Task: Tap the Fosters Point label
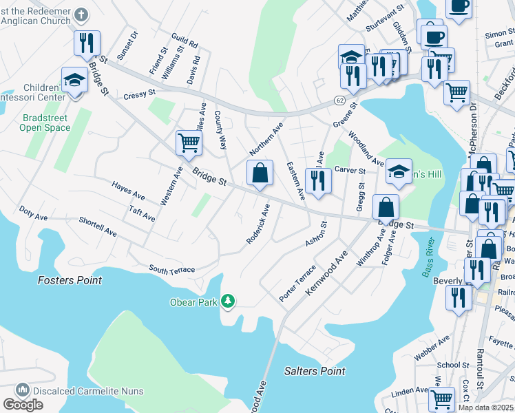tap(70, 280)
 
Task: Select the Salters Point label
tap(314, 371)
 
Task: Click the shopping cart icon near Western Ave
tap(188, 142)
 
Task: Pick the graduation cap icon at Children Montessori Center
tap(74, 80)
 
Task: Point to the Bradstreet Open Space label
tap(45, 123)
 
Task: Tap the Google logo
tap(23, 405)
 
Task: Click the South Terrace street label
tap(171, 270)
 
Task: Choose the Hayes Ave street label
tap(129, 187)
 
